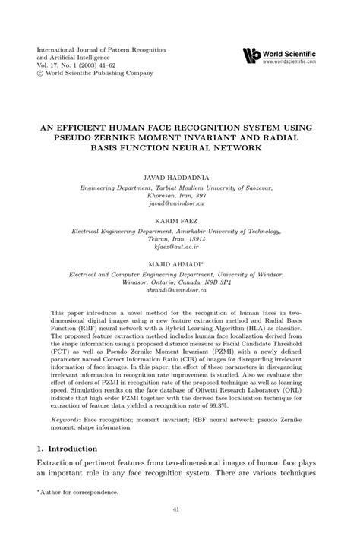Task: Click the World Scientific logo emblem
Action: pos(250,55)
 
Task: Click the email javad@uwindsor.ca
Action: pos(179,204)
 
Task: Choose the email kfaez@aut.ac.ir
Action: pos(179,248)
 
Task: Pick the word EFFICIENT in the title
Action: pos(90,125)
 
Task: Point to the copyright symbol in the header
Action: pos(41,74)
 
